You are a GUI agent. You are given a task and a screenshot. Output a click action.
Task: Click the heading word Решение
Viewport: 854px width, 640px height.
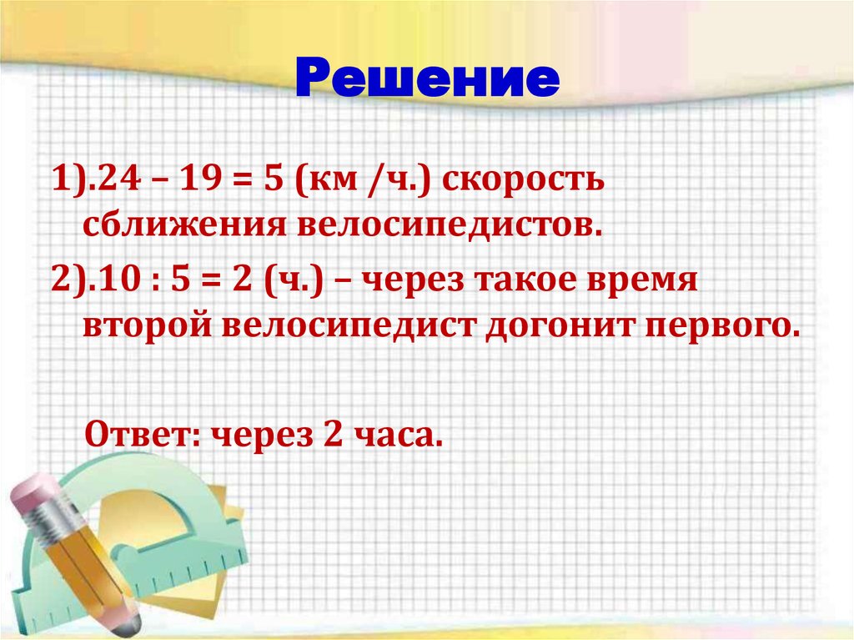click(x=426, y=80)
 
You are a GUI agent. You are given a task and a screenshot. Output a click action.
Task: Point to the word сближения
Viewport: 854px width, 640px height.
click(x=178, y=224)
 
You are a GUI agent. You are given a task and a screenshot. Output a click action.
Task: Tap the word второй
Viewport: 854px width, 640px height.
click(x=145, y=325)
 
